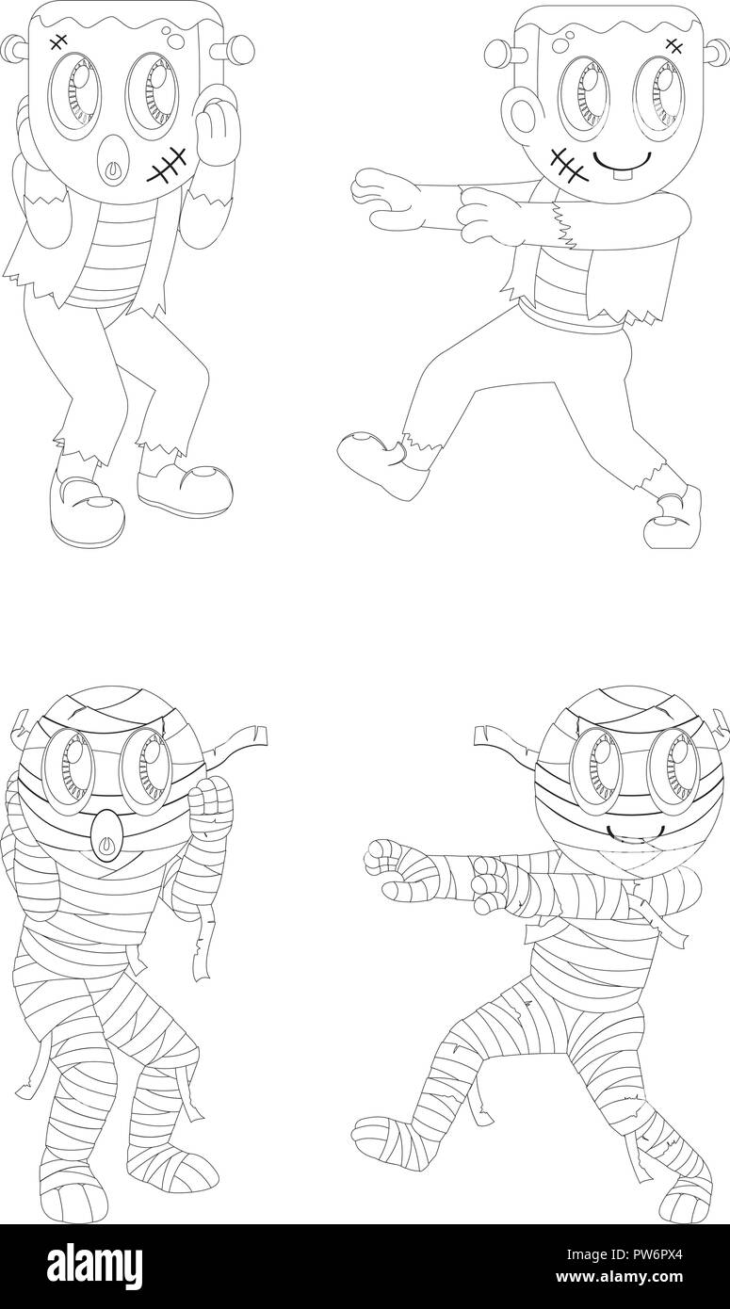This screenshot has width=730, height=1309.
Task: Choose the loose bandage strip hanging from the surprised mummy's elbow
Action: pos(199,951)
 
